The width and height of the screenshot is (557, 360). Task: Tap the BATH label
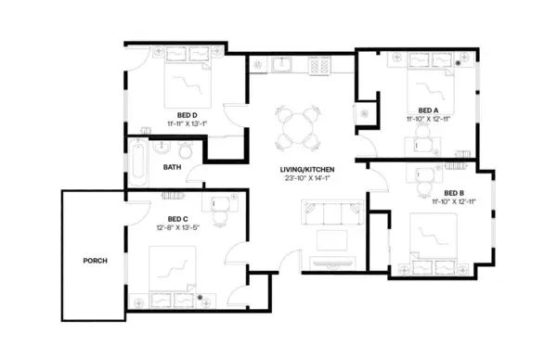172,168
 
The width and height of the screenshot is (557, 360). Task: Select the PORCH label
95,261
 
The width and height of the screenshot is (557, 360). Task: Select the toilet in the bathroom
184,150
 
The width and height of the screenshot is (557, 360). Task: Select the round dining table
297,127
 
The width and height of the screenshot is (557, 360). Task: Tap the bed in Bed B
433,239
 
